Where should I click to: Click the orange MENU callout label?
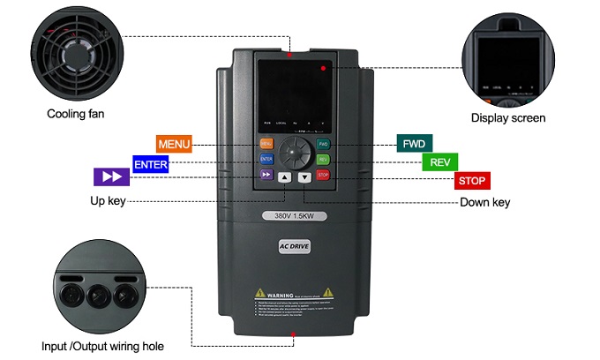pyautogui.click(x=174, y=144)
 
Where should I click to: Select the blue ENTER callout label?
pyautogui.click(x=150, y=163)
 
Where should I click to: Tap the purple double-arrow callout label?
pyautogui.click(x=112, y=176)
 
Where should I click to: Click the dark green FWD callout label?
pyautogui.click(x=414, y=144)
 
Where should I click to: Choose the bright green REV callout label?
pyautogui.click(x=439, y=162)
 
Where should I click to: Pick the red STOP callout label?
pyautogui.click(x=472, y=181)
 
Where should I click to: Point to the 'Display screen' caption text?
pyautogui.click(x=508, y=118)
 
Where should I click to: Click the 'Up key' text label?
pyautogui.click(x=108, y=201)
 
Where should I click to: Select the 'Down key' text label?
pyautogui.click(x=484, y=203)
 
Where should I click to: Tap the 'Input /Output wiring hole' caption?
pyautogui.click(x=102, y=346)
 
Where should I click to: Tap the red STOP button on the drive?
pyautogui.click(x=323, y=176)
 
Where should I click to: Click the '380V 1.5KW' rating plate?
pyautogui.click(x=294, y=216)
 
